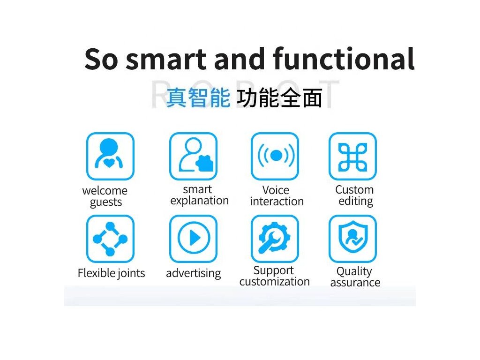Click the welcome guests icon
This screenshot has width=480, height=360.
pos(110,156)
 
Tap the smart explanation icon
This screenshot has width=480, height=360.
pos(193,156)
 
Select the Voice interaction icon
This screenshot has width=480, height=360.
pos(275,156)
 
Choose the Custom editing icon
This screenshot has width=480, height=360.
pos(352,156)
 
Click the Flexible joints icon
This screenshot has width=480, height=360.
pos(110,239)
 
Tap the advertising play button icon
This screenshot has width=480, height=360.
pos(193,239)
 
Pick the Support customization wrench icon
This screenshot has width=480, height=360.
pos(275,239)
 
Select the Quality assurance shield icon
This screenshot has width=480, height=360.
pos(352,239)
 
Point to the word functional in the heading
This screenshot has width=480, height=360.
pos(344,58)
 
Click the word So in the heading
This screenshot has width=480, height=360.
pos(101,59)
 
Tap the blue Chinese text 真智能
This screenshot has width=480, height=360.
pos(198,97)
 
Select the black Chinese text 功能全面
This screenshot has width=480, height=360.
pos(279,97)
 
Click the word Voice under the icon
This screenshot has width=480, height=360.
pos(276,190)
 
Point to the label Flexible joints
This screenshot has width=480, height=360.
pos(111,273)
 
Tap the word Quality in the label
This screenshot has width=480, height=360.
pos(354,271)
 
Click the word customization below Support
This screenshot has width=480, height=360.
pos(275,282)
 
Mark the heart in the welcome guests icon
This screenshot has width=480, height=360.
pos(109,163)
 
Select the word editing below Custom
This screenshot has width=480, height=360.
pos(356,202)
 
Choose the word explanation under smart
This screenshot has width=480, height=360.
pos(199,201)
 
